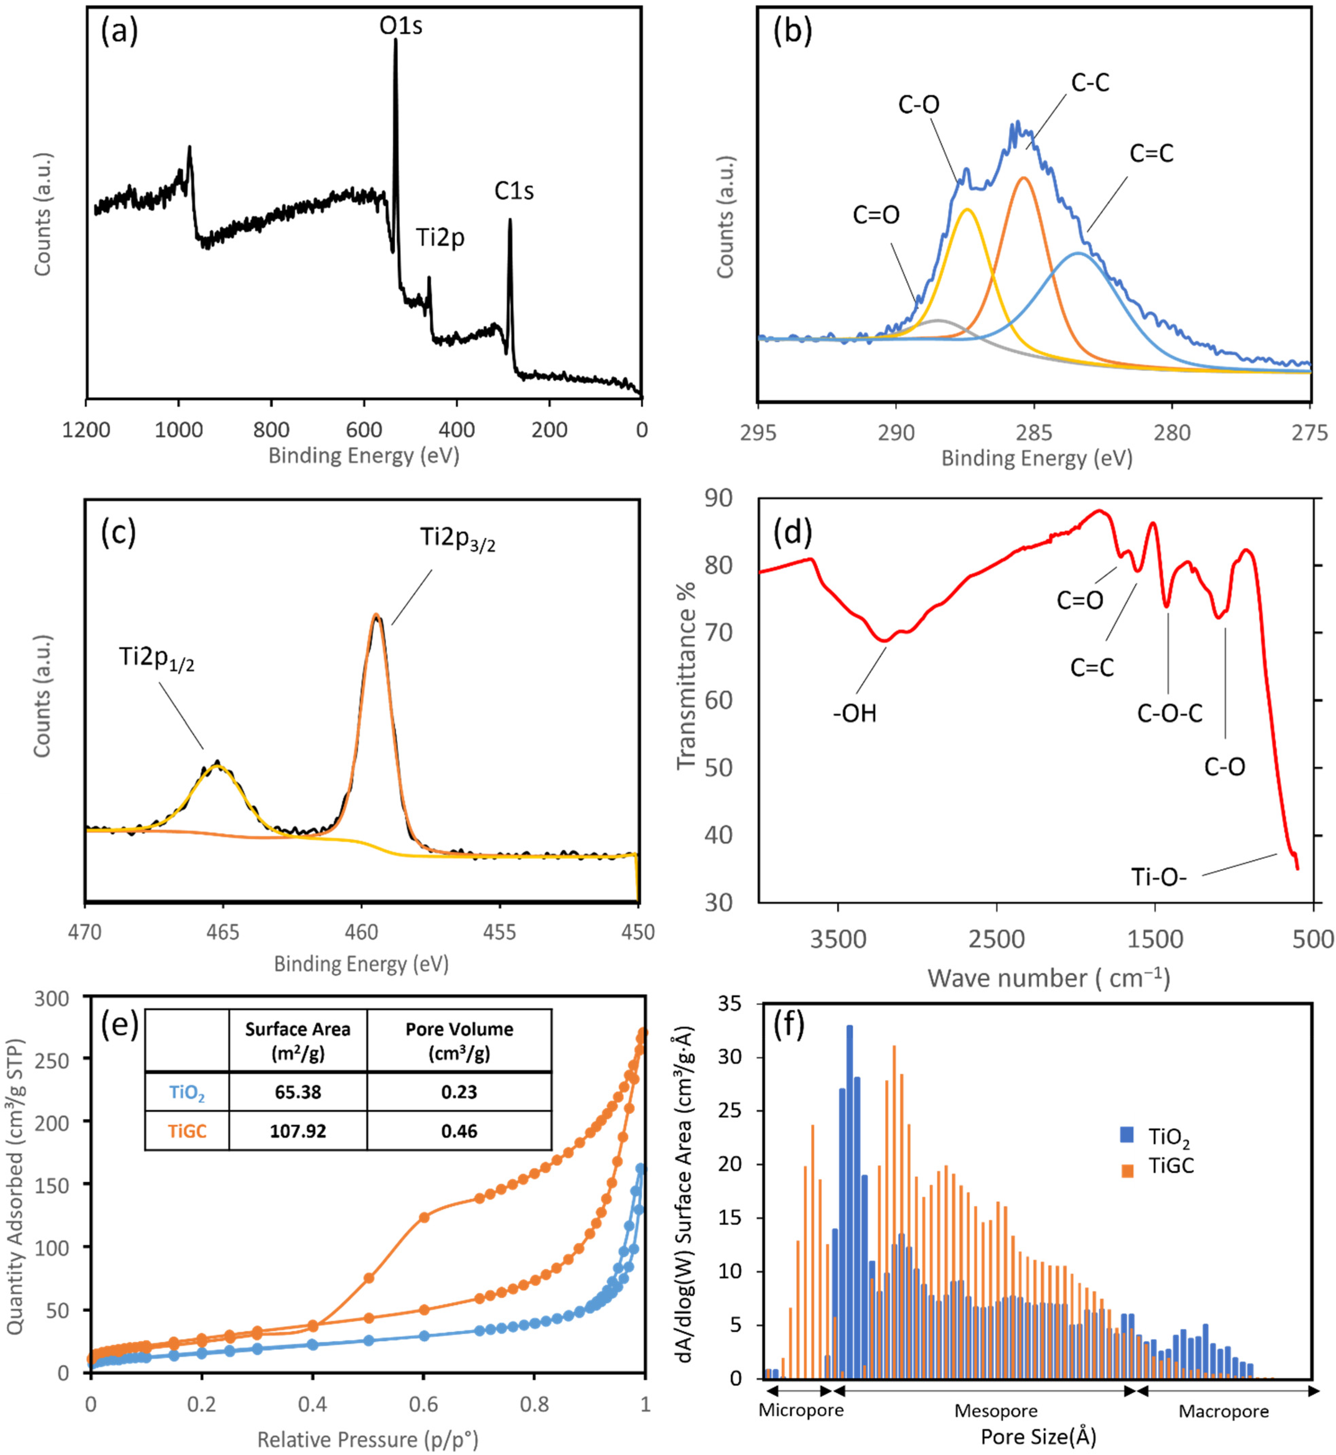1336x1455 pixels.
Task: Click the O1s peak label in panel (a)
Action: pyautogui.click(x=401, y=26)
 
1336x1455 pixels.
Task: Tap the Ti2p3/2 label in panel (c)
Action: pyautogui.click(x=458, y=538)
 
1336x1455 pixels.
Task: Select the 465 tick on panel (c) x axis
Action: pyautogui.click(x=222, y=933)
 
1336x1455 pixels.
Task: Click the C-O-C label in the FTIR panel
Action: pyautogui.click(x=1170, y=714)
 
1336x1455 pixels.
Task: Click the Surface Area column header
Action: pyautogui.click(x=298, y=1041)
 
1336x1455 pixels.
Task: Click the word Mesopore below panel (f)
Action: pyautogui.click(x=995, y=1411)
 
